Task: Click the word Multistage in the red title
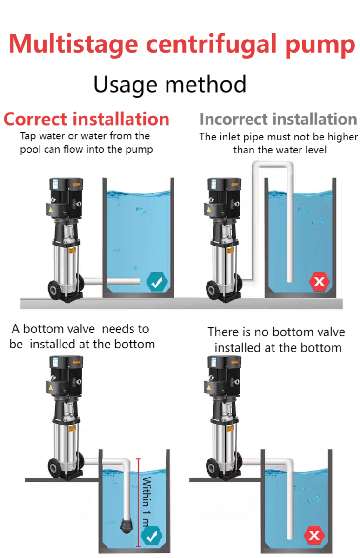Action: tap(73, 45)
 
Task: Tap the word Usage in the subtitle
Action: tap(125, 85)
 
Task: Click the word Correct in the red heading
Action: tap(35, 119)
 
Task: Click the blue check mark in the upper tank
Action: tap(157, 282)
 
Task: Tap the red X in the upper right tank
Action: tap(319, 282)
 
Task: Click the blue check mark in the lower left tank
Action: tap(152, 536)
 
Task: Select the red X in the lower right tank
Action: tap(314, 535)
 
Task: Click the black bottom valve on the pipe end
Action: tap(127, 525)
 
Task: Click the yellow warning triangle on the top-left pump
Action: tap(51, 210)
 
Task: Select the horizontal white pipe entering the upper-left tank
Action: tap(112, 281)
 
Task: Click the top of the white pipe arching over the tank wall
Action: tap(273, 165)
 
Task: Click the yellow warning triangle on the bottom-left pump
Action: tap(51, 388)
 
